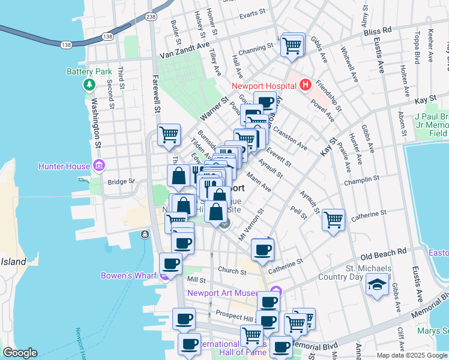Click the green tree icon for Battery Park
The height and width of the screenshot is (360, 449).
pos(89,85)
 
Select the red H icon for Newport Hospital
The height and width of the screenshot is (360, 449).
pos(305,85)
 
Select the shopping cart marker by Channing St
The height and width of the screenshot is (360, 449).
pos(292,45)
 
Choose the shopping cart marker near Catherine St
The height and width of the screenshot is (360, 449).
pos(333,219)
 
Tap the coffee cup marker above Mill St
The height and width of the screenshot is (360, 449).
pos(170,264)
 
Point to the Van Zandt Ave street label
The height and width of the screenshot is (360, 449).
pos(184,52)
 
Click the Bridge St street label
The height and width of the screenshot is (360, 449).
pos(118,181)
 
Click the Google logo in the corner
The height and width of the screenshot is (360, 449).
pos(20,353)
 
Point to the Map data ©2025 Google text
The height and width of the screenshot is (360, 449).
pos(412,355)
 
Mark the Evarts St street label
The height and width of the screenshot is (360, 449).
pos(252,12)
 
